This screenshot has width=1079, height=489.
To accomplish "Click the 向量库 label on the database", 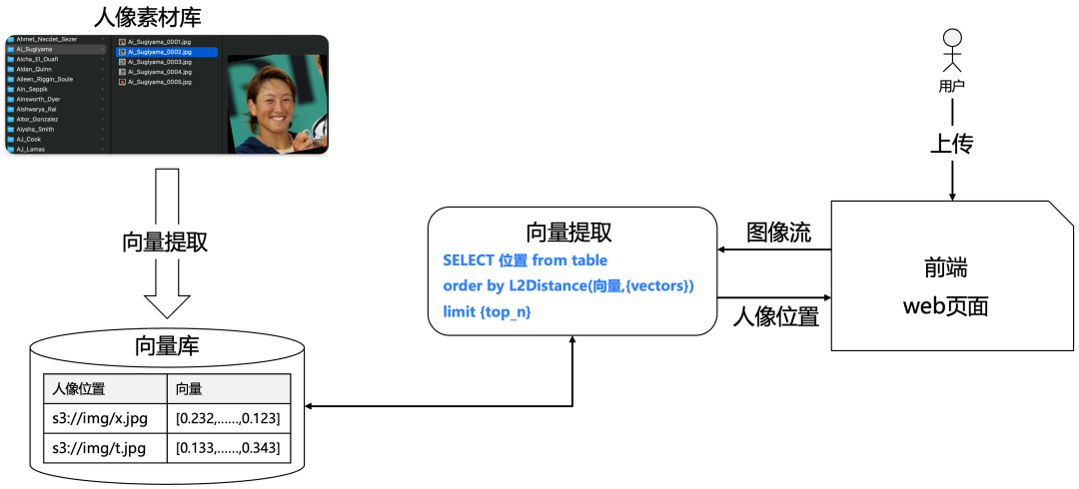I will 167,346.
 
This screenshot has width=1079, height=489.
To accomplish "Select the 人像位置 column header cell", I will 79,389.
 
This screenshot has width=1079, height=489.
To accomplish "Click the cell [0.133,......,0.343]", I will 227,448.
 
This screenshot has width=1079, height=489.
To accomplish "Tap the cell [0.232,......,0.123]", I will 227,418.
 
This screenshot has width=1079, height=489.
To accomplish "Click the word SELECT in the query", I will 468,260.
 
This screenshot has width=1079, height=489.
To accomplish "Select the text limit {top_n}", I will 487,312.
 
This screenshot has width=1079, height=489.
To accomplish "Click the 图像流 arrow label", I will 779,233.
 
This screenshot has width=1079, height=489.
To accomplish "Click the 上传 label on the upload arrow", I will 951,144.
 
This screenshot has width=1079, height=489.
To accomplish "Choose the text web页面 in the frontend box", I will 945,305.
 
